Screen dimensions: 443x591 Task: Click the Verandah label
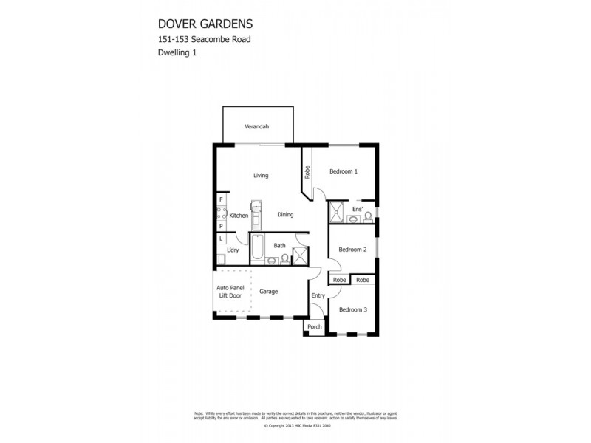[257, 127]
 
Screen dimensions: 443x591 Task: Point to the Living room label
[260, 176]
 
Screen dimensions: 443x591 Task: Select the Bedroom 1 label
[344, 171]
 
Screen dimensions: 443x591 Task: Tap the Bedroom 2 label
[352, 250]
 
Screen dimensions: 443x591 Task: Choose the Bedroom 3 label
[352, 309]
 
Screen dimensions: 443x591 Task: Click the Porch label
[315, 327]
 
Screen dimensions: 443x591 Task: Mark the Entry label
[318, 295]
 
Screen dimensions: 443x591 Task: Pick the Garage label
[268, 292]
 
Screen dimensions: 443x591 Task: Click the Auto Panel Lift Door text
[229, 292]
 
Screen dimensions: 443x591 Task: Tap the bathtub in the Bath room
[257, 250]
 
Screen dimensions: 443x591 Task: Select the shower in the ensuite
[336, 212]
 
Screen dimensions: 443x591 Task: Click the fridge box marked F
[220, 199]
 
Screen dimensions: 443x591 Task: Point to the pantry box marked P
[220, 227]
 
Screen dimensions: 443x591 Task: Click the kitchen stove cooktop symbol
[220, 213]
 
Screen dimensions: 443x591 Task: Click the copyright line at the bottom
[295, 426]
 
